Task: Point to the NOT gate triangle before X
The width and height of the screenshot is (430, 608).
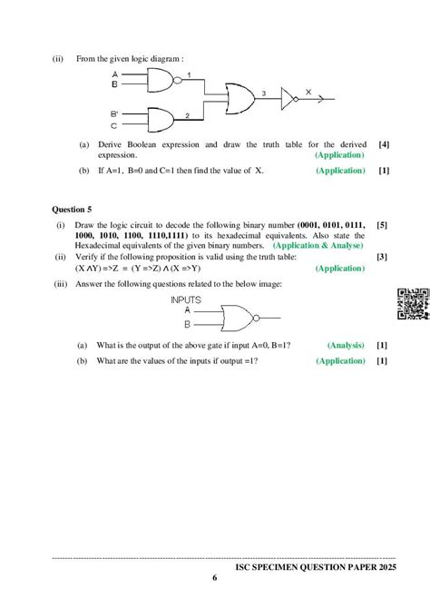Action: [x=288, y=97]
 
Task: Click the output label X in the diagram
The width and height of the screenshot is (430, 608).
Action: [x=308, y=92]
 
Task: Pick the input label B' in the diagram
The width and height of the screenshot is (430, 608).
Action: [x=115, y=113]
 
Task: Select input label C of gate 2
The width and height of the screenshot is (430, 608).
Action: [x=114, y=125]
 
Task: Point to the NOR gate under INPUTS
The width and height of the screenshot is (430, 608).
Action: [x=236, y=318]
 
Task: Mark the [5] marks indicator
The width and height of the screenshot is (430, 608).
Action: [x=383, y=224]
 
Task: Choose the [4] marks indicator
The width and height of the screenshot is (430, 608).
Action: [x=385, y=144]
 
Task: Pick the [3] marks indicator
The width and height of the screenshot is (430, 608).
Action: [x=383, y=258]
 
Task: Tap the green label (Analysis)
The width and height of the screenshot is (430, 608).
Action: [x=345, y=345]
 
